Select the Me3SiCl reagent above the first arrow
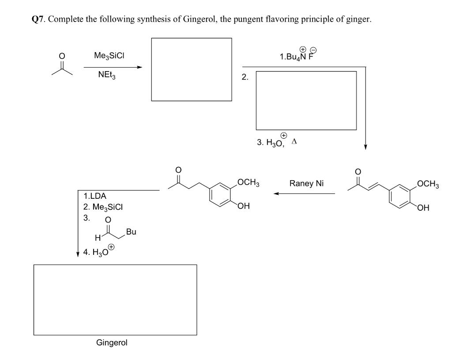click(109, 56)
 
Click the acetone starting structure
click(62, 66)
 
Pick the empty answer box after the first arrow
click(191, 69)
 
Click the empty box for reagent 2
click(306, 100)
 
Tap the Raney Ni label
click(306, 183)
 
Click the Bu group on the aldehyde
click(130, 231)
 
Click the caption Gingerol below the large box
click(112, 342)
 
